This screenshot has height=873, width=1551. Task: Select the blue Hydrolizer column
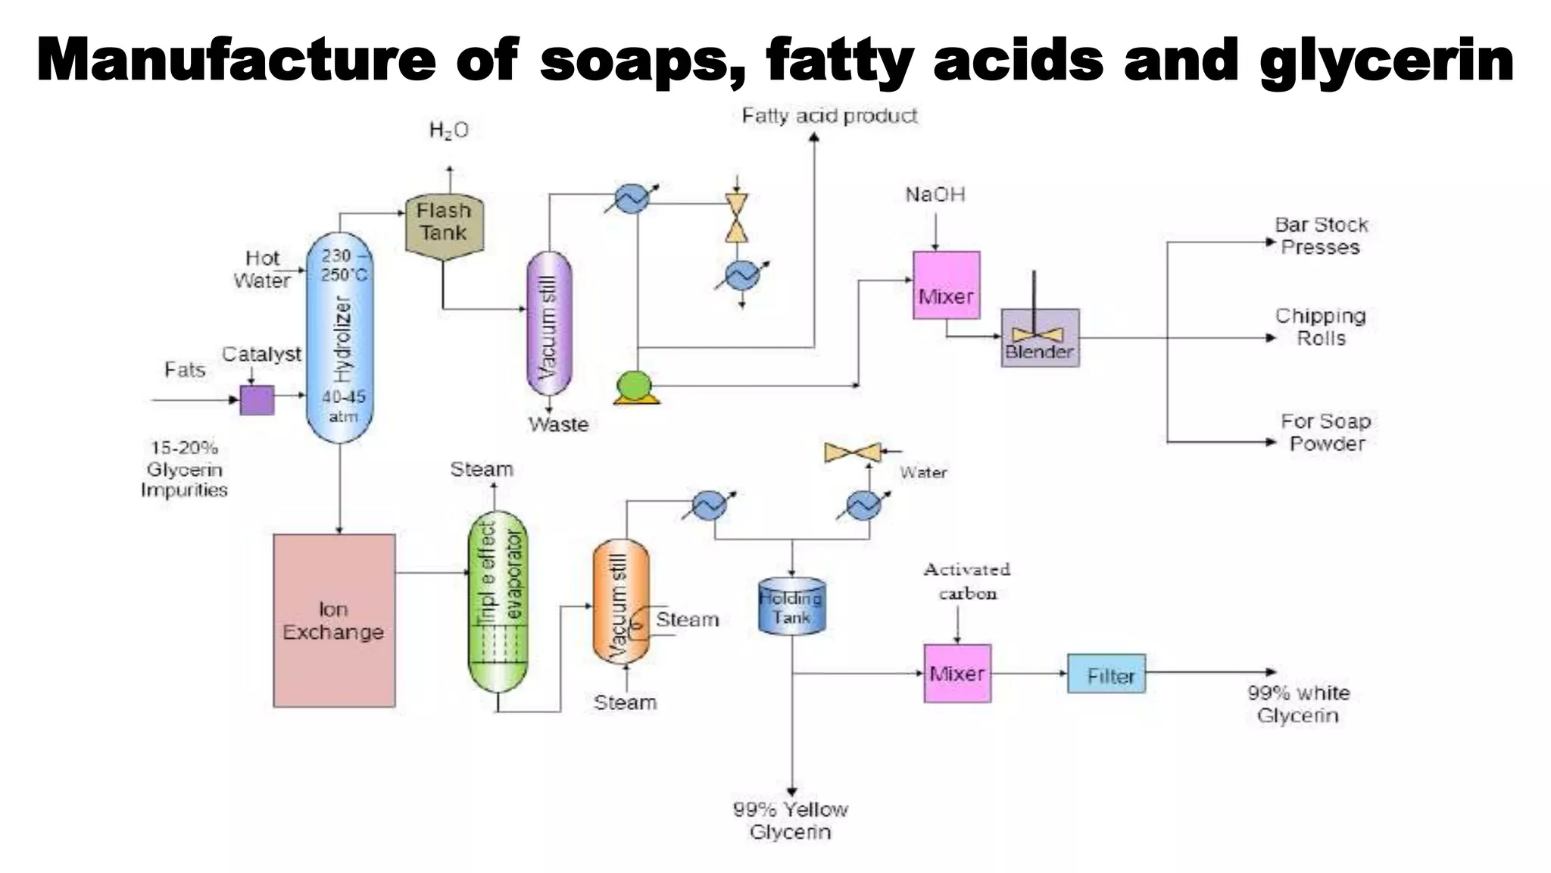coord(340,337)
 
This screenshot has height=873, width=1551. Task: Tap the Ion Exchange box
coord(334,620)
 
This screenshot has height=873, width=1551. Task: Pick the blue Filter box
coord(1106,674)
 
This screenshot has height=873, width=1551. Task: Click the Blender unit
coord(1040,338)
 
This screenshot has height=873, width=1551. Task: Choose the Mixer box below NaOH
coord(946,285)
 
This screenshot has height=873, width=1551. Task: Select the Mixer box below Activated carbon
coord(957,673)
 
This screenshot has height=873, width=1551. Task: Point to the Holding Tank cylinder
coord(792,606)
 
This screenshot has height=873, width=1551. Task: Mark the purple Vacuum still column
coord(549,324)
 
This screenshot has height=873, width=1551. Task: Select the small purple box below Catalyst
coord(257,399)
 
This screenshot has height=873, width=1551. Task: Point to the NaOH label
coord(935,195)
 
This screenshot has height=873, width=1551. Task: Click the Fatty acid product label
coord(829,116)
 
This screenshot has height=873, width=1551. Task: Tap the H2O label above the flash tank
coord(448,130)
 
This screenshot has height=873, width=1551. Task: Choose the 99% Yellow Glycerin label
coord(791,820)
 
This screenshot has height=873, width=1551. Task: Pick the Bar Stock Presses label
coord(1321,236)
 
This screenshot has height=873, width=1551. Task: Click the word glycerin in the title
coord(1387,61)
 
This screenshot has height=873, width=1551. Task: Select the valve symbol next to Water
coord(854,452)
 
